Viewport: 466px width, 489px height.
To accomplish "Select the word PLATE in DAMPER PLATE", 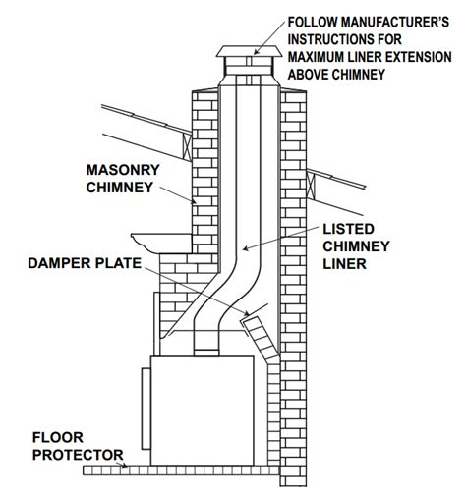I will point(128,264).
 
